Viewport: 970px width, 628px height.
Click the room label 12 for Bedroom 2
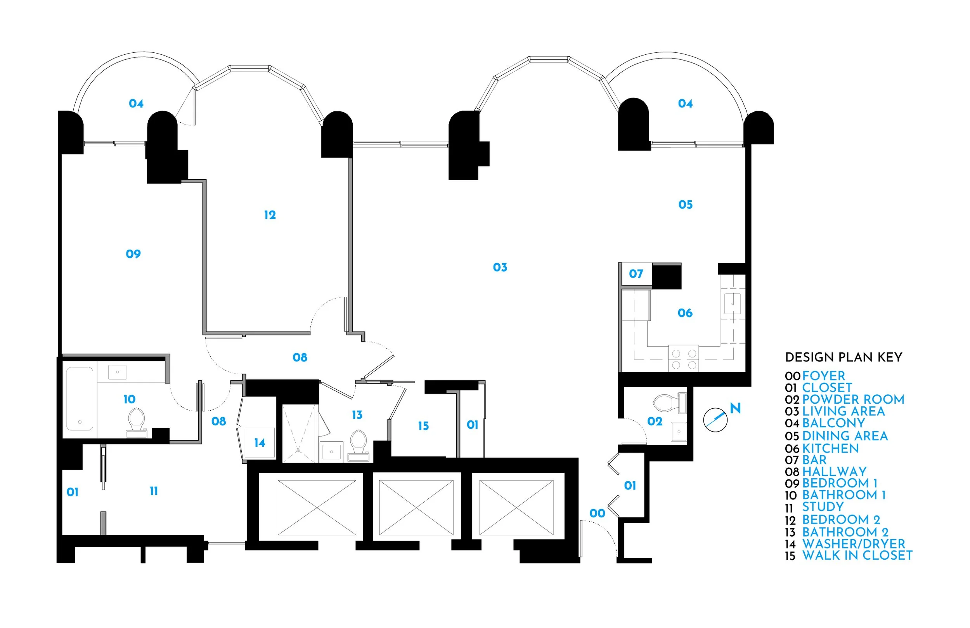pos(270,215)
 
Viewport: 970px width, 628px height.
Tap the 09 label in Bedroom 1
pos(133,254)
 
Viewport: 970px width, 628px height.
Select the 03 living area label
pos(500,267)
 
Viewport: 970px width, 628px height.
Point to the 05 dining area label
pos(686,205)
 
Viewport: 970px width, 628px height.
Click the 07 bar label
pos(636,274)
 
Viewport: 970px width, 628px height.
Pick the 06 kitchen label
pos(685,313)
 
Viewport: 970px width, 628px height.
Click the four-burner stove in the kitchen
pos(684,359)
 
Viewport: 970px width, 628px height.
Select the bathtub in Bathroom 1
pos(80,399)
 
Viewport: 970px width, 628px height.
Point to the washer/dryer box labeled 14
pos(260,442)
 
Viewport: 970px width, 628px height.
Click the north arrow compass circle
pos(715,420)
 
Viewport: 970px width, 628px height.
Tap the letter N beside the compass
pos(735,408)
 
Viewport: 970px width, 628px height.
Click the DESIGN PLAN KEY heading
pos(843,357)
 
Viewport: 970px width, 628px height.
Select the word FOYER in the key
pos(823,376)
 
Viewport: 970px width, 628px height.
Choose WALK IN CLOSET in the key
pos(857,555)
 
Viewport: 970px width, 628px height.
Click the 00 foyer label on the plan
pos(598,514)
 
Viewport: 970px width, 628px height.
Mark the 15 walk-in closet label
pos(423,426)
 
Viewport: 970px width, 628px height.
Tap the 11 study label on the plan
pos(154,491)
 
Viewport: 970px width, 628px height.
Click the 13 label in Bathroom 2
pos(357,415)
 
